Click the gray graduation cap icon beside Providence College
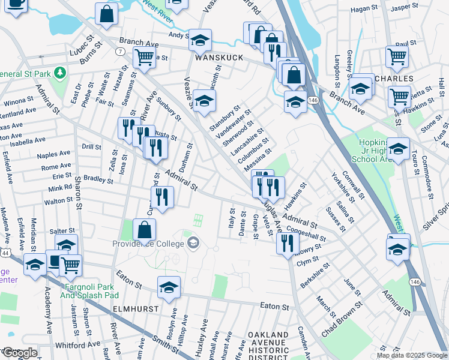(x=193, y=243)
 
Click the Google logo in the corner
(x=20, y=353)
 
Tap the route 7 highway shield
(x=122, y=52)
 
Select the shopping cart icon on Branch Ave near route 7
(x=144, y=58)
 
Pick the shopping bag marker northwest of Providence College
(x=144, y=229)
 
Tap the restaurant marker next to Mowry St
(x=288, y=242)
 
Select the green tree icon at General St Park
(x=59, y=73)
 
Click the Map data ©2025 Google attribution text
(x=412, y=355)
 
